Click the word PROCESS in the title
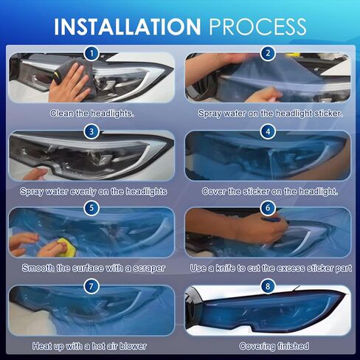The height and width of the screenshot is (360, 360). pos(257,27)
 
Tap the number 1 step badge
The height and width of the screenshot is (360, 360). pos(91,53)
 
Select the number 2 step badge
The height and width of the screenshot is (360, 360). pos(269,53)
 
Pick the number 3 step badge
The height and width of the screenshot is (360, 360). pos(91,131)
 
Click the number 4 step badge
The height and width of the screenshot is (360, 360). pos(269,131)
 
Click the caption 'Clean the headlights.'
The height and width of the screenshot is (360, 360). pos(91,114)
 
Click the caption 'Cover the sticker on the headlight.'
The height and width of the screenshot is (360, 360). pos(269,191)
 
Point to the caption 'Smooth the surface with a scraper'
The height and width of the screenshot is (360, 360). pos(92,268)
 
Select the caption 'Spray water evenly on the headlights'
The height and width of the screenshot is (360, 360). pos(92,191)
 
